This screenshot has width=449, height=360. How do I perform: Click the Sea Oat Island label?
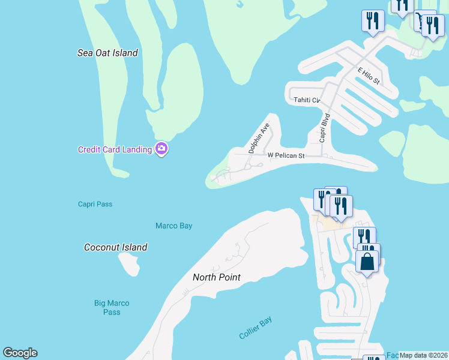click(107, 53)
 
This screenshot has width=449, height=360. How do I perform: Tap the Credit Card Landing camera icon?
click(161, 149)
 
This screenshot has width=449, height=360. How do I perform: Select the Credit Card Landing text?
click(115, 149)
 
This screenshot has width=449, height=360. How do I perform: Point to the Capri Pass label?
click(95, 204)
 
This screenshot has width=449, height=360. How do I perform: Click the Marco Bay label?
click(173, 226)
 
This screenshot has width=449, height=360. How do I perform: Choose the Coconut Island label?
click(116, 247)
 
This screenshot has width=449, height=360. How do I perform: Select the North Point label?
click(217, 277)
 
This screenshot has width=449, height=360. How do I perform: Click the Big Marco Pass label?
click(112, 307)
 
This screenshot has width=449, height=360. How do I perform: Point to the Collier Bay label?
click(256, 328)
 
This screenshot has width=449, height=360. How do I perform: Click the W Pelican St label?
click(286, 155)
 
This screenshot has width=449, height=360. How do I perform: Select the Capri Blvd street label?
click(325, 127)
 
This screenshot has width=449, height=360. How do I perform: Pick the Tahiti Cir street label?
click(307, 100)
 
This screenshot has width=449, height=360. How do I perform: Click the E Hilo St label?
click(369, 76)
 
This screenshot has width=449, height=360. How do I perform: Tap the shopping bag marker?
click(367, 262)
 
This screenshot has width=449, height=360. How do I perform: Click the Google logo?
click(20, 353)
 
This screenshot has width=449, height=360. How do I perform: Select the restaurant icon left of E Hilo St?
click(373, 21)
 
